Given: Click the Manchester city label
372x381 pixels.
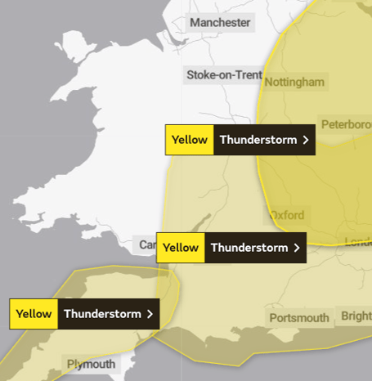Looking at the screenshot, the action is [220, 23].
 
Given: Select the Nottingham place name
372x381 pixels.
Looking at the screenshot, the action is [294, 82].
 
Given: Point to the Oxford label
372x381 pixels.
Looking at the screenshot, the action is [285, 216].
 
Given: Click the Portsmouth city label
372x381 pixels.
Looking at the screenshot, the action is [299, 318].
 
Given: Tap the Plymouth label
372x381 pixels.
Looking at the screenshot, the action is [91, 364].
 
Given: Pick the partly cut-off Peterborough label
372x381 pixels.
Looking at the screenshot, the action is [347, 125].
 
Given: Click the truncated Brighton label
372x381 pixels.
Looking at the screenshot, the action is [356, 316].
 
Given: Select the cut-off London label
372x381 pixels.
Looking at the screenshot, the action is [358, 242].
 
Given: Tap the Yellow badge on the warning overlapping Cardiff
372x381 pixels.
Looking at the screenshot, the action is [181, 248].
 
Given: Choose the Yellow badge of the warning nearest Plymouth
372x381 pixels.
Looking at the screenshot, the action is [34, 314].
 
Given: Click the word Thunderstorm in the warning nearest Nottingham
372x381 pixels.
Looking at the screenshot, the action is [258, 140].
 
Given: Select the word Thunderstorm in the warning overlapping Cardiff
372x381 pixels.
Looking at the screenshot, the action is [249, 248].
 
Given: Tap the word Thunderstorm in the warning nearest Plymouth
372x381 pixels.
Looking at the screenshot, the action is [101, 314].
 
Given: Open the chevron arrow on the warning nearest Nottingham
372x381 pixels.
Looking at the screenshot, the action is [306, 140].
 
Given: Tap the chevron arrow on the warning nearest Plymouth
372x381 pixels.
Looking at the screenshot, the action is [150, 314].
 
